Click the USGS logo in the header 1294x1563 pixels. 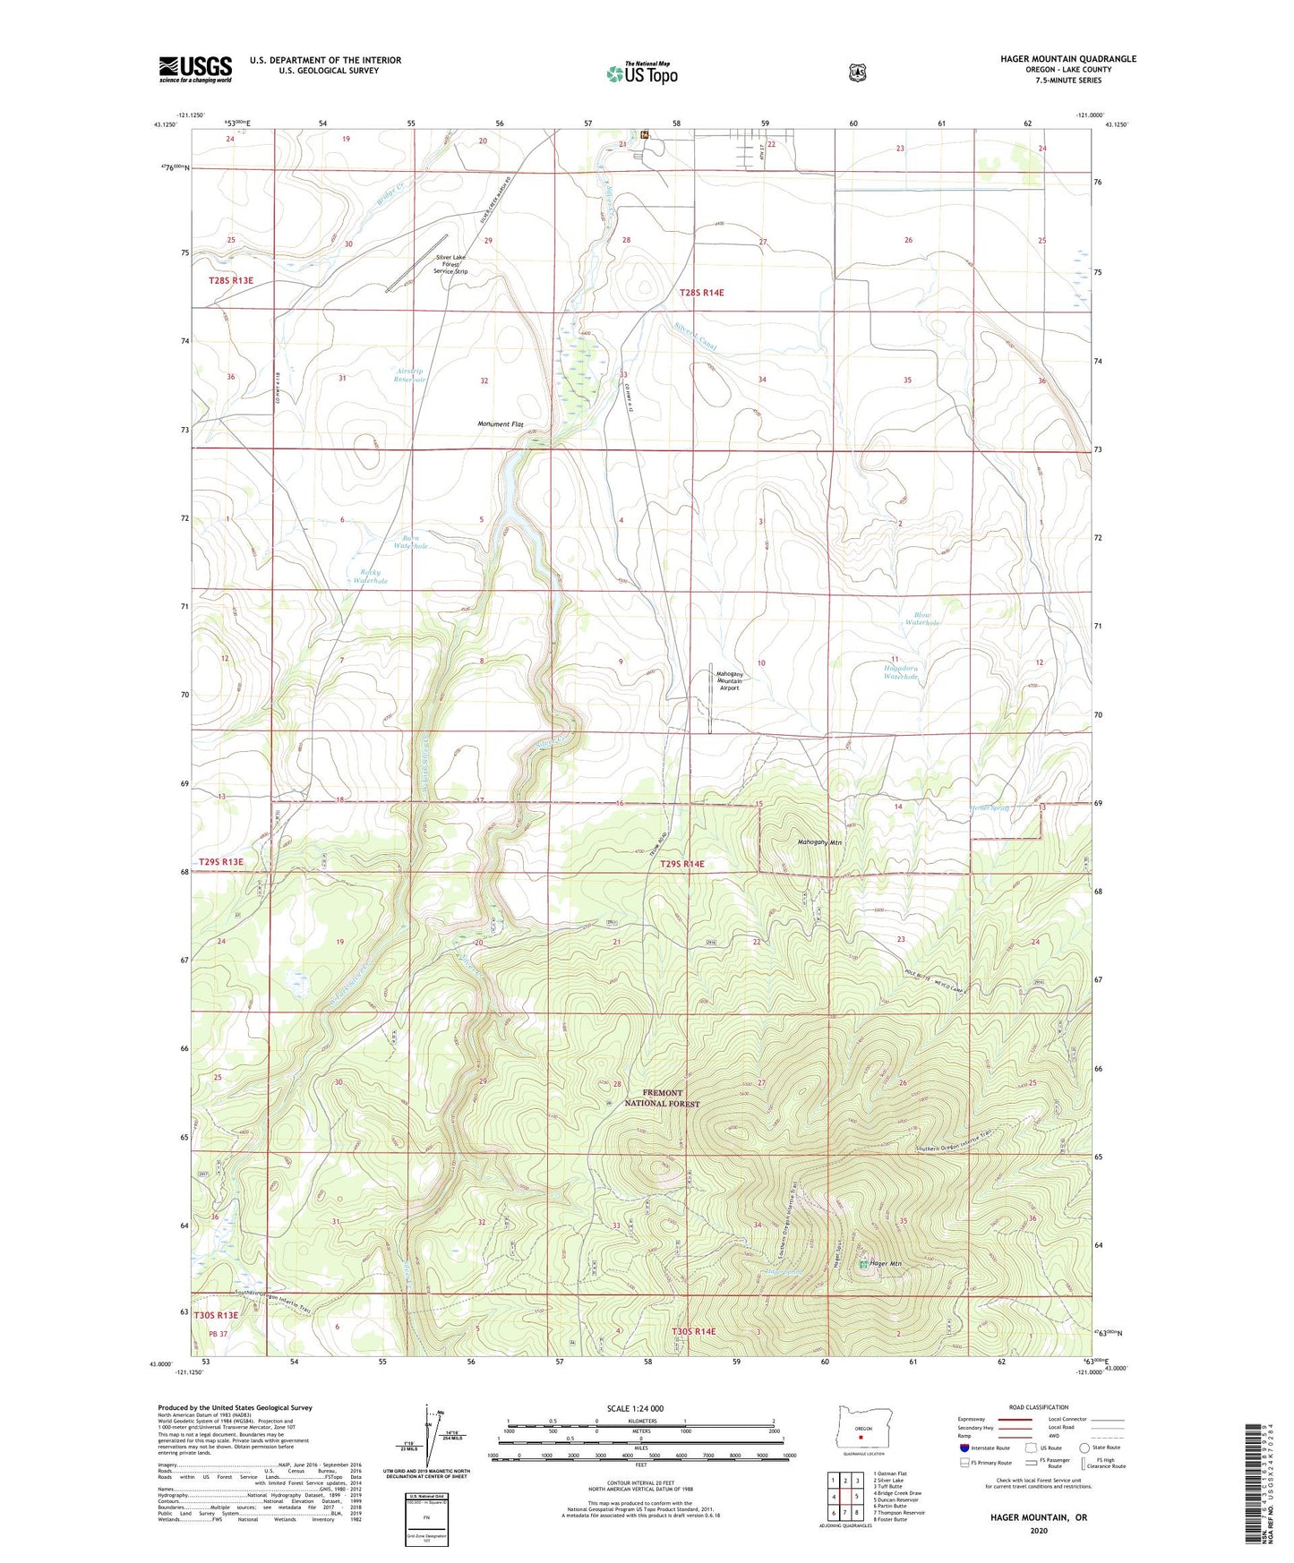(195, 69)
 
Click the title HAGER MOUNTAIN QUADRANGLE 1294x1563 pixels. (1067, 59)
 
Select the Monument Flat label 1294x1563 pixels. (500, 424)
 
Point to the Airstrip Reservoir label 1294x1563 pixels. (410, 375)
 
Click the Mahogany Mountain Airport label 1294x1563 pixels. (728, 680)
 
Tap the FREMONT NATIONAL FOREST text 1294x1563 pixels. (670, 1098)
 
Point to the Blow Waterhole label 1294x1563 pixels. (921, 619)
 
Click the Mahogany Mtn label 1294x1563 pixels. (820, 842)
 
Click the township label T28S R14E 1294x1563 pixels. (701, 293)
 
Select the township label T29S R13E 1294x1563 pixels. (220, 861)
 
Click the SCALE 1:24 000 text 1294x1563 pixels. (640, 1409)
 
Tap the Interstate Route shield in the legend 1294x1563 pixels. (964, 1448)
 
